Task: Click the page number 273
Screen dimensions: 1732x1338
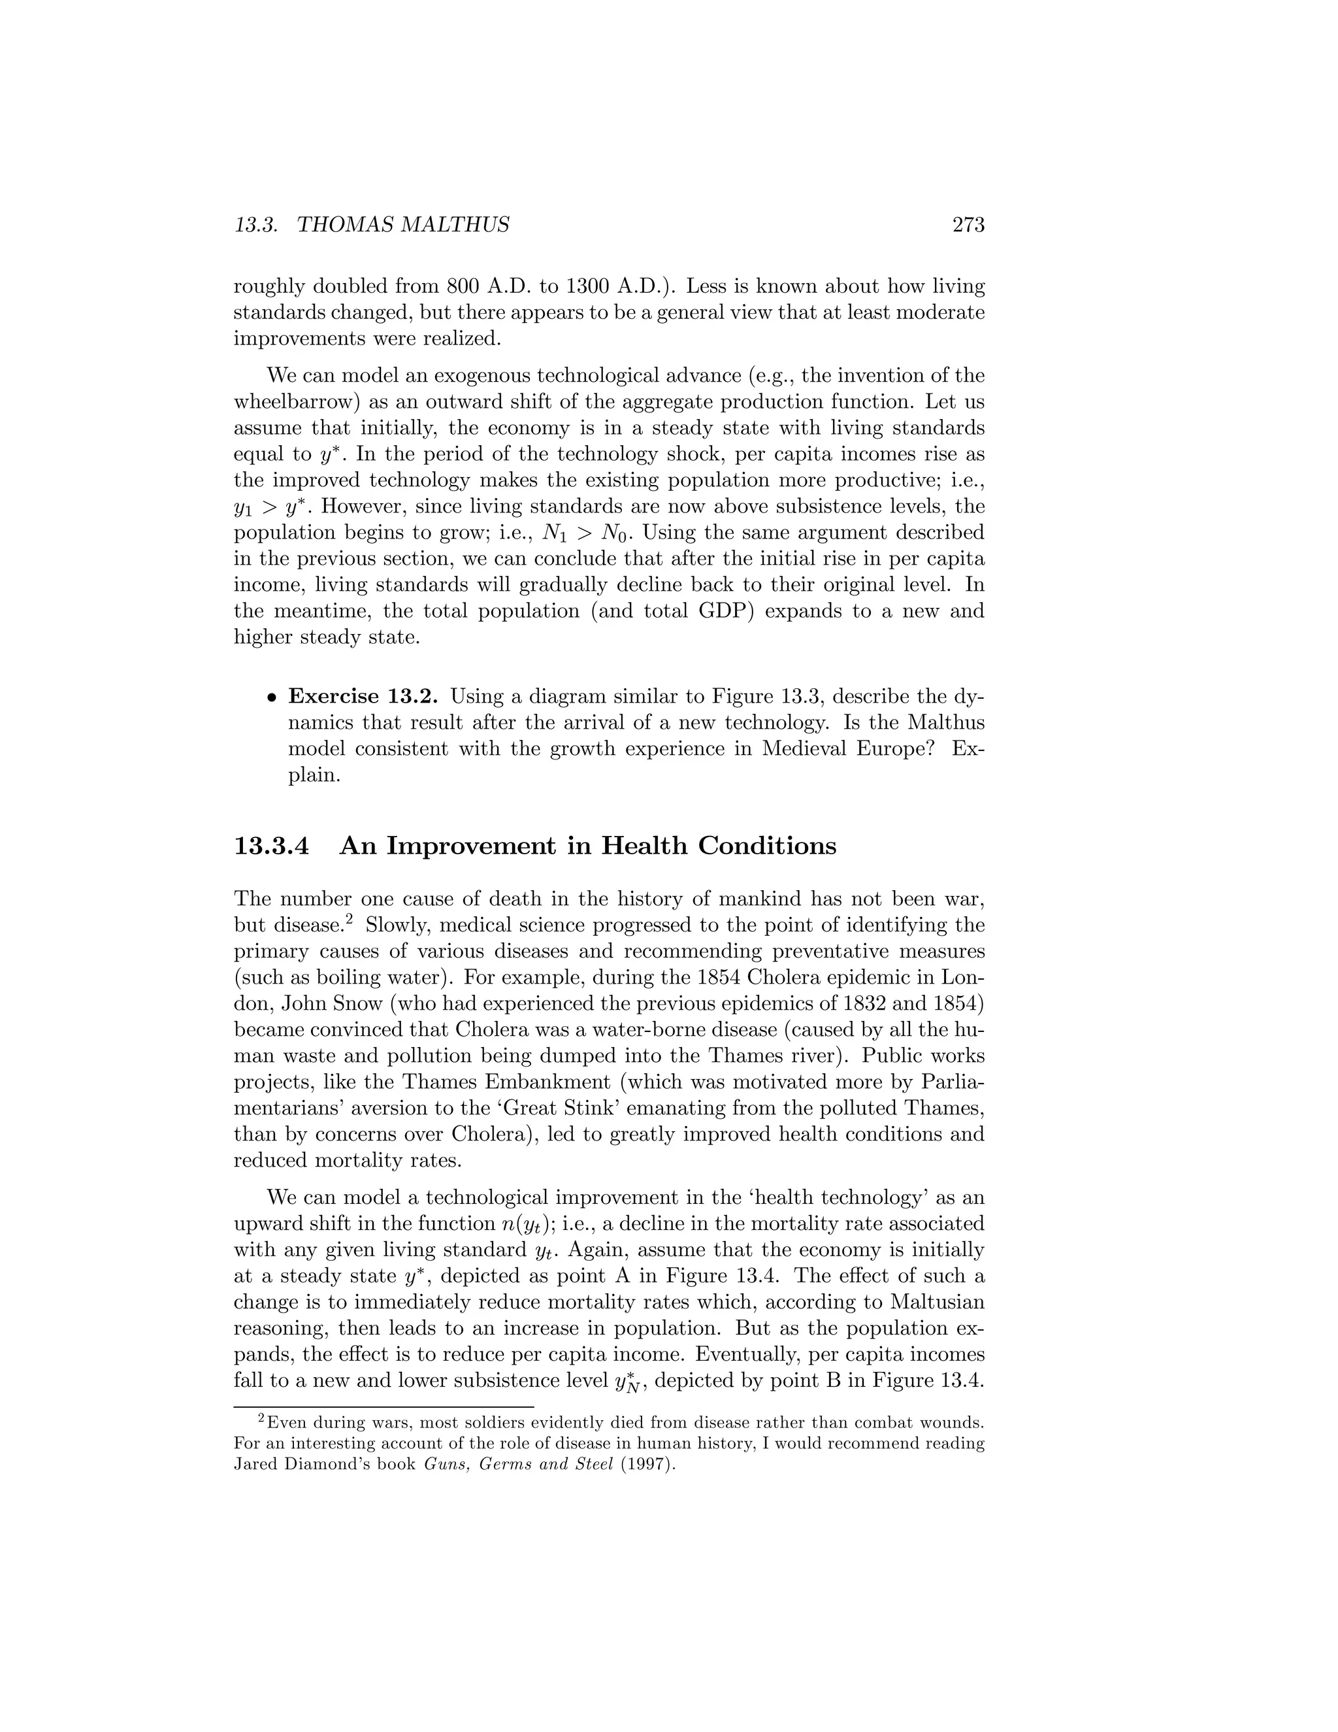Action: (968, 225)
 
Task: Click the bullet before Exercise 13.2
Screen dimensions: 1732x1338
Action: (271, 698)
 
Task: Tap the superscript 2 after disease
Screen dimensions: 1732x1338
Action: (358, 918)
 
